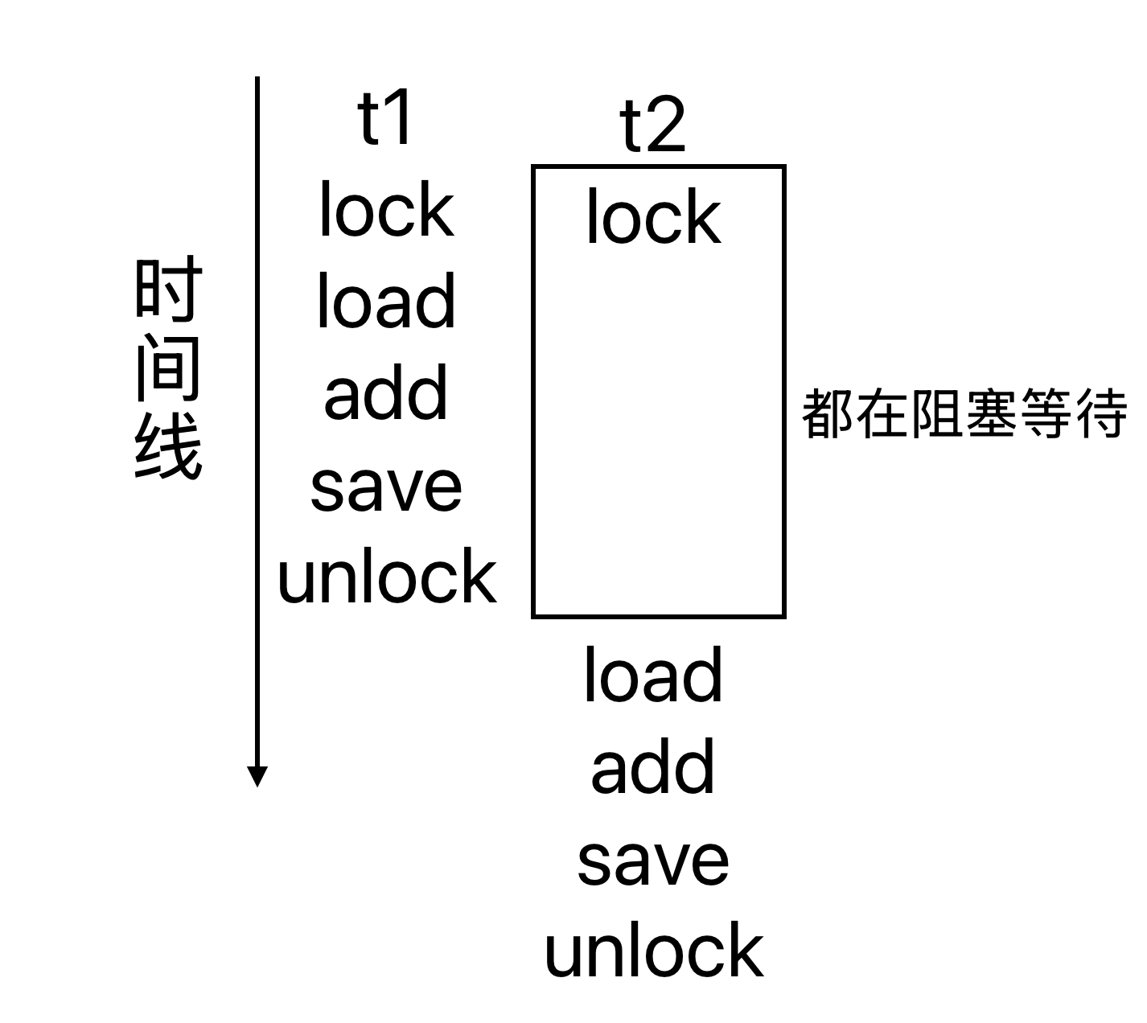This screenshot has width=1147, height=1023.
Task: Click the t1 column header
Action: (385, 119)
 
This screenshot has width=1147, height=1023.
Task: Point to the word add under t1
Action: (386, 393)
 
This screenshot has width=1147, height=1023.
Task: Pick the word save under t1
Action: (386, 487)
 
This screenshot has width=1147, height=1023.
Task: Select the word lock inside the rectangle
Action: (653, 217)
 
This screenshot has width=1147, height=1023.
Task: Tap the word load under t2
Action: (653, 676)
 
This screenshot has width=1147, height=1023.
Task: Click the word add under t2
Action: (653, 767)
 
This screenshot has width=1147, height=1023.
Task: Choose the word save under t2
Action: (653, 861)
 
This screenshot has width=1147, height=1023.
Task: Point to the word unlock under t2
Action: (653, 951)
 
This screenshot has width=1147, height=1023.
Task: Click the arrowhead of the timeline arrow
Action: (257, 776)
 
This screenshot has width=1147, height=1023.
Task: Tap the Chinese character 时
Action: (167, 288)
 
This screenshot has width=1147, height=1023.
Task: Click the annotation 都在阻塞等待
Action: (964, 414)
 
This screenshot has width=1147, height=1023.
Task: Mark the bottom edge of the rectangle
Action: (658, 616)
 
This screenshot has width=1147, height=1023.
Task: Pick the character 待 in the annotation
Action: (1100, 414)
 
